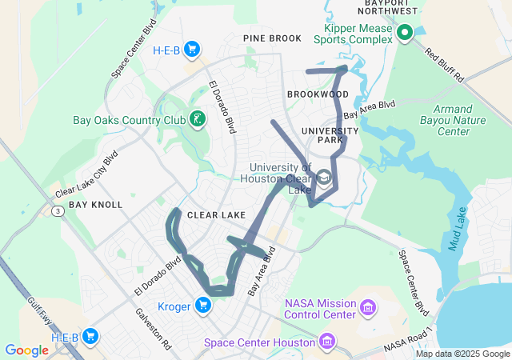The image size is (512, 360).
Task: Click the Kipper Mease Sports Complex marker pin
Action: pos(405,33)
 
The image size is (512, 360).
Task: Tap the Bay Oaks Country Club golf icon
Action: pos(198,120)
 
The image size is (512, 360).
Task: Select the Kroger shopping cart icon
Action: pos(203,305)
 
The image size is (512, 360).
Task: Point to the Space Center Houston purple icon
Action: pos(326,342)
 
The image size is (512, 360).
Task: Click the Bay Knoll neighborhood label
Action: pos(95,205)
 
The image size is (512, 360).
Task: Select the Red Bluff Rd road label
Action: pos(445,66)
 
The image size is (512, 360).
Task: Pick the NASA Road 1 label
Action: pos(407,339)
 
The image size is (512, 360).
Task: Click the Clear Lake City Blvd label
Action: pos(86,174)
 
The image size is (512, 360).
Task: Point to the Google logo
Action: pos(26,350)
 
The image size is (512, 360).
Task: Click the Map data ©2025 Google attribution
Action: pos(462,354)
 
